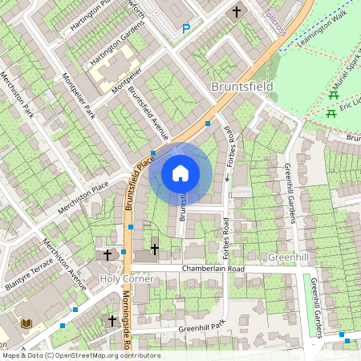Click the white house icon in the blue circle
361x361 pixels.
(180, 172)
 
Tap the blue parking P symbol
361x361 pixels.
(186, 29)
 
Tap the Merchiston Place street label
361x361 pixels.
(83, 198)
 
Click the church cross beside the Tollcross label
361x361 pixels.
(236, 12)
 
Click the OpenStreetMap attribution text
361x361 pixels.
(80, 355)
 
